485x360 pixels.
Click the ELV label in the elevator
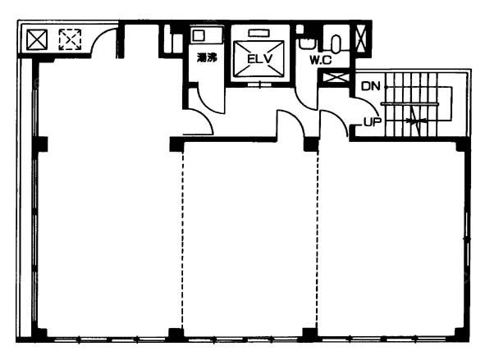tap(259, 58)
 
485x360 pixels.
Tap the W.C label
tap(320, 60)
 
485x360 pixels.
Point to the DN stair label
tap(371, 86)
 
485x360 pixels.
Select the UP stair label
tap(373, 122)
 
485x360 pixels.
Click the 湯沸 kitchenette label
tap(207, 57)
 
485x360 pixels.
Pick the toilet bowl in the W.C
tap(336, 43)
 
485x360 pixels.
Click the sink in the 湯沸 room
tap(198, 35)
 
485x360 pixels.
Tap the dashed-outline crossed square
tap(70, 39)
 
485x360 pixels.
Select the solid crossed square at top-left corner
tap(37, 39)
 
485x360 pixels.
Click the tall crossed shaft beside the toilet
tap(361, 39)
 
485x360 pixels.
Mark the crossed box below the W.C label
tap(336, 77)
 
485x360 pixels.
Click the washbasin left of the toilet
tap(307, 43)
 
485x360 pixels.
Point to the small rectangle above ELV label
tap(259, 33)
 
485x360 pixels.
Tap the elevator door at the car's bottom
tap(259, 84)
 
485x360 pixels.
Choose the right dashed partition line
tap(318, 239)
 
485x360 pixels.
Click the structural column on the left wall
tap(40, 144)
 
